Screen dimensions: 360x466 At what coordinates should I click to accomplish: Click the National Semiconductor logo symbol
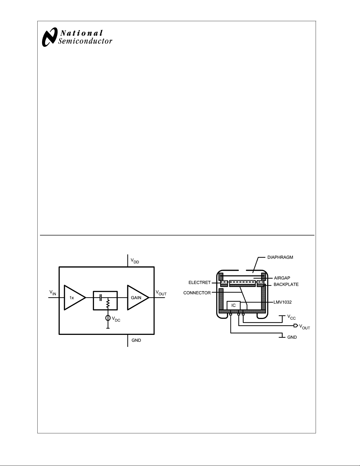point(50,37)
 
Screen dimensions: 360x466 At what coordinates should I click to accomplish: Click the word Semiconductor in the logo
point(85,41)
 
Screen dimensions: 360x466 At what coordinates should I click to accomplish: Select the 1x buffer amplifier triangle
point(75,298)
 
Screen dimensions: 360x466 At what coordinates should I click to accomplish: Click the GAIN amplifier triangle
point(138,298)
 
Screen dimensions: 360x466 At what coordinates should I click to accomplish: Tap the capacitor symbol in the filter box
point(100,298)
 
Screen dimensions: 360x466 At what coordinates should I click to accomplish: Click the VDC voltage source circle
point(108,318)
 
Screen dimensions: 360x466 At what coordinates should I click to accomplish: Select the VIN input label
point(53,293)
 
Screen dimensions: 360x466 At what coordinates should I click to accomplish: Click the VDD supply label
point(135,261)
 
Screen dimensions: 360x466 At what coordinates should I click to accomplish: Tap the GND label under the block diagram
point(136,340)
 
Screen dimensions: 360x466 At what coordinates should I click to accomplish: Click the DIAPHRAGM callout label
point(280,257)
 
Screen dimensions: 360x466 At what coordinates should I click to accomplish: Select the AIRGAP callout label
point(282,278)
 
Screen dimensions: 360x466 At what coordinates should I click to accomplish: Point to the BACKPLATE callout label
point(286,284)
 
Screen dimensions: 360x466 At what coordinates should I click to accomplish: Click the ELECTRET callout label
point(200,283)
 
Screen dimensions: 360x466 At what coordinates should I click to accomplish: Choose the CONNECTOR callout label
point(197,293)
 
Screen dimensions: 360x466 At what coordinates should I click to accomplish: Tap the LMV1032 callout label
point(282,302)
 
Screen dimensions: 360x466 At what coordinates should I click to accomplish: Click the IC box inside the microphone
point(234,305)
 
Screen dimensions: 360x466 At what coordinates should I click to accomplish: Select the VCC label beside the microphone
point(292,317)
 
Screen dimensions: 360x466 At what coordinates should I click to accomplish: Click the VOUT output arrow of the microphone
point(296,326)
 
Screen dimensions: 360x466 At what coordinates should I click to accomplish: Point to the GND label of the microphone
point(292,337)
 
